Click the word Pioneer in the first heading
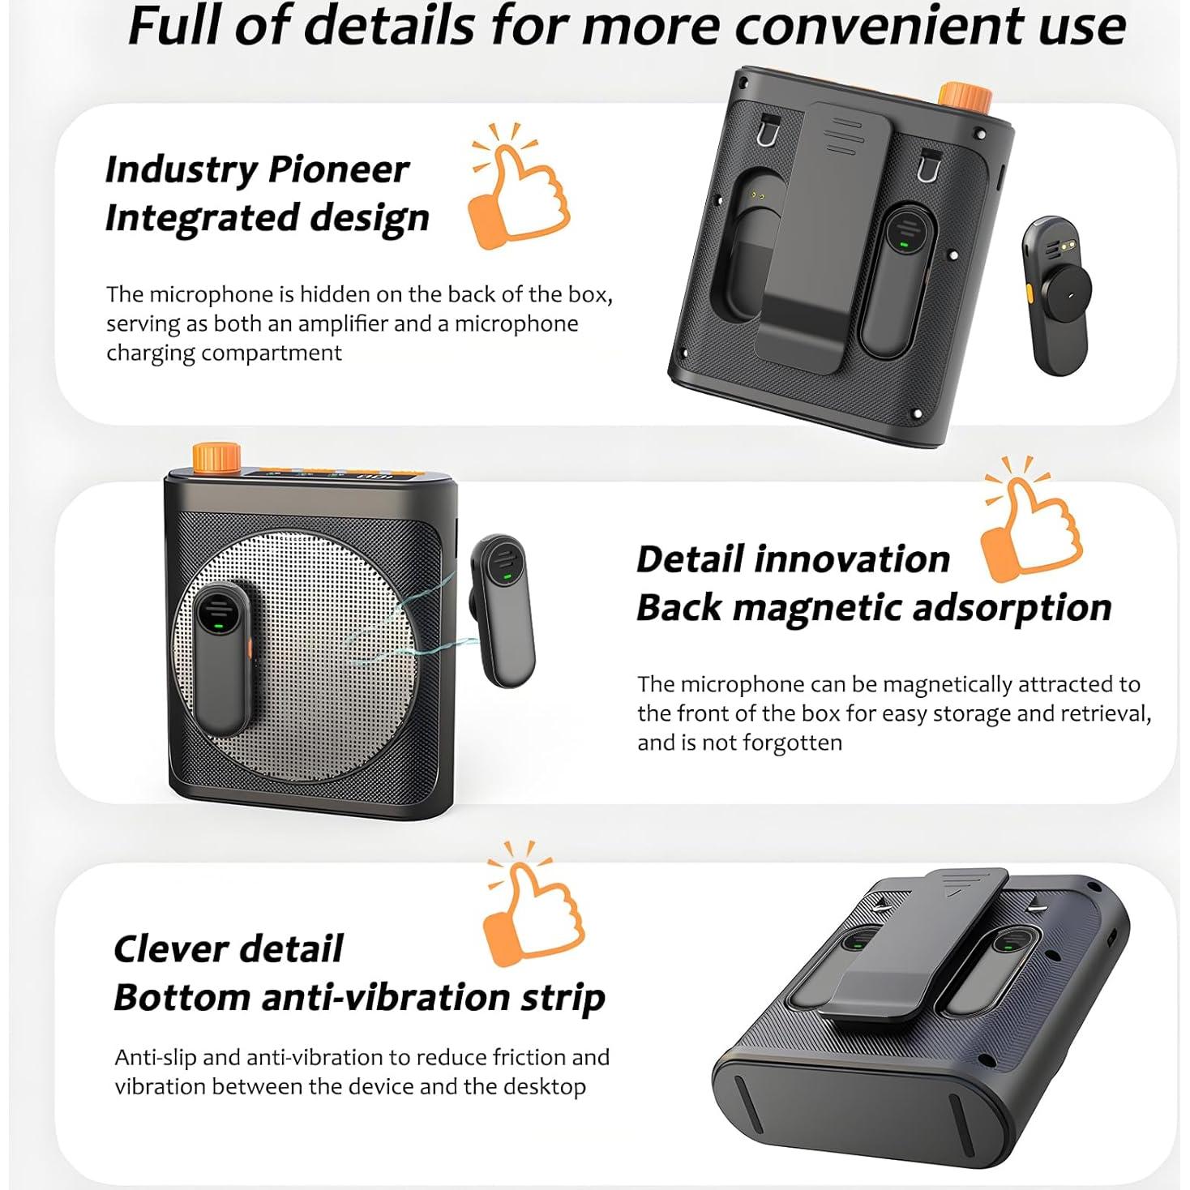tap(338, 169)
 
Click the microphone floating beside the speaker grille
tap(502, 610)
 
